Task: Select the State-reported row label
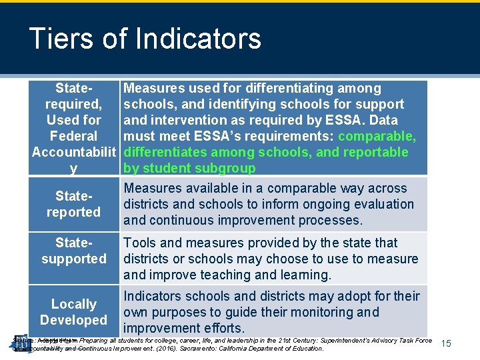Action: [x=73, y=205]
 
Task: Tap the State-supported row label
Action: [x=73, y=251]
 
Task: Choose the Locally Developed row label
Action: [x=73, y=312]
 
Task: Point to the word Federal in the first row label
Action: [x=73, y=136]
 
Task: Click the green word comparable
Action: [x=377, y=136]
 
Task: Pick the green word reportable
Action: [x=377, y=152]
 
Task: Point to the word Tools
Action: [x=140, y=243]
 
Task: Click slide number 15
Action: [x=446, y=343]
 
